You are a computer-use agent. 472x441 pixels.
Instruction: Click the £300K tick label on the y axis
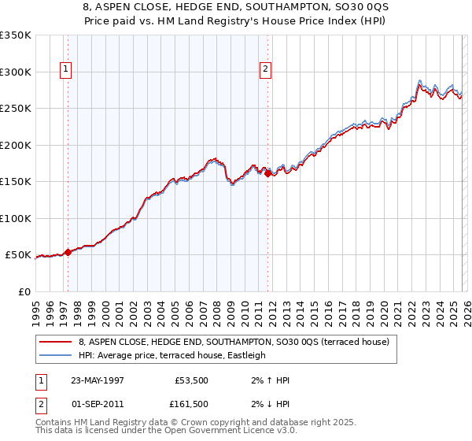coord(16,72)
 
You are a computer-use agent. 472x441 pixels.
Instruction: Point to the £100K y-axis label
coord(16,218)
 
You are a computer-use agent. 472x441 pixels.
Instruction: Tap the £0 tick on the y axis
coord(24,291)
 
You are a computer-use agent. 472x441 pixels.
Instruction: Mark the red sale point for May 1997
coord(68,252)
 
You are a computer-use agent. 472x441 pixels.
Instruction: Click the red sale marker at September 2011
coord(267,173)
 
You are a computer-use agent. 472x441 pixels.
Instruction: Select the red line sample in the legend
coord(55,342)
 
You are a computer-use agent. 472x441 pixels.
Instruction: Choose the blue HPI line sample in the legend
coord(55,355)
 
